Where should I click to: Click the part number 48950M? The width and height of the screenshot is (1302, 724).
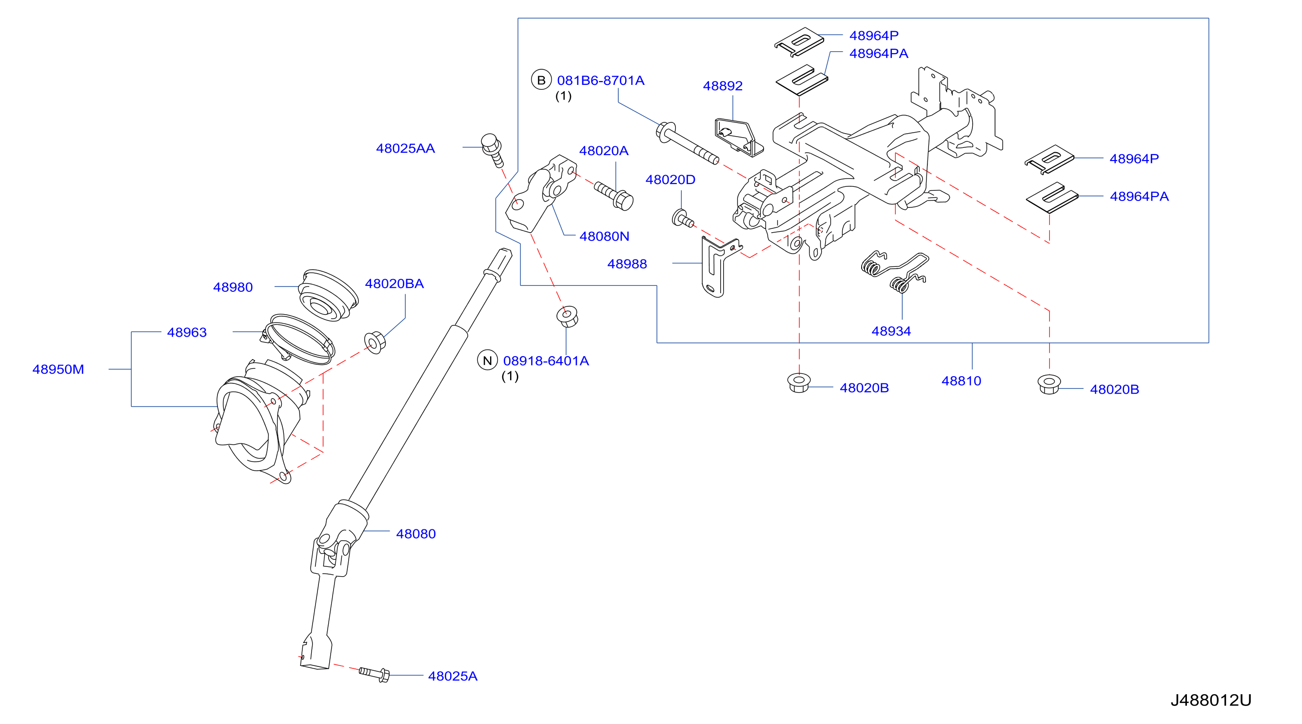[x=58, y=370]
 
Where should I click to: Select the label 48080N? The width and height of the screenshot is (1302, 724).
[x=604, y=236]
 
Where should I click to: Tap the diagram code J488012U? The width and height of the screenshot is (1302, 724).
[x=1210, y=700]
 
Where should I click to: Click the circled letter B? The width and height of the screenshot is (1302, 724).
[x=541, y=80]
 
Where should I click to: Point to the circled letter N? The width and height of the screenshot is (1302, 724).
[x=487, y=361]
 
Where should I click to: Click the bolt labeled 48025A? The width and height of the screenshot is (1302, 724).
[x=375, y=673]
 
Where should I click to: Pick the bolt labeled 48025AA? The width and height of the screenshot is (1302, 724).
[x=493, y=149]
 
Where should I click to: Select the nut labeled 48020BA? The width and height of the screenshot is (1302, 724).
[x=375, y=342]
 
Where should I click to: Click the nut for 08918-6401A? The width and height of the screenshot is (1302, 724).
[x=567, y=316]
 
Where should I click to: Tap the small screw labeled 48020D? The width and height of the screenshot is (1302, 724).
[x=682, y=219]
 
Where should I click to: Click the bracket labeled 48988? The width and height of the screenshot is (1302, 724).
[x=718, y=266]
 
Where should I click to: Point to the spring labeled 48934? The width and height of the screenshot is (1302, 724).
[x=895, y=270]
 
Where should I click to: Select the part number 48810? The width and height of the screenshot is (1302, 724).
[x=961, y=381]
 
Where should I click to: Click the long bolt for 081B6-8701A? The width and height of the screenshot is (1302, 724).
[x=688, y=142]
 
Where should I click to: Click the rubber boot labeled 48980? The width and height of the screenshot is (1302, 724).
[x=328, y=295]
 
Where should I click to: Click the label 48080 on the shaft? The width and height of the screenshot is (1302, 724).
[x=415, y=534]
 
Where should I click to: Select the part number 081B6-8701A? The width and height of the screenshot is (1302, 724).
[x=600, y=80]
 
